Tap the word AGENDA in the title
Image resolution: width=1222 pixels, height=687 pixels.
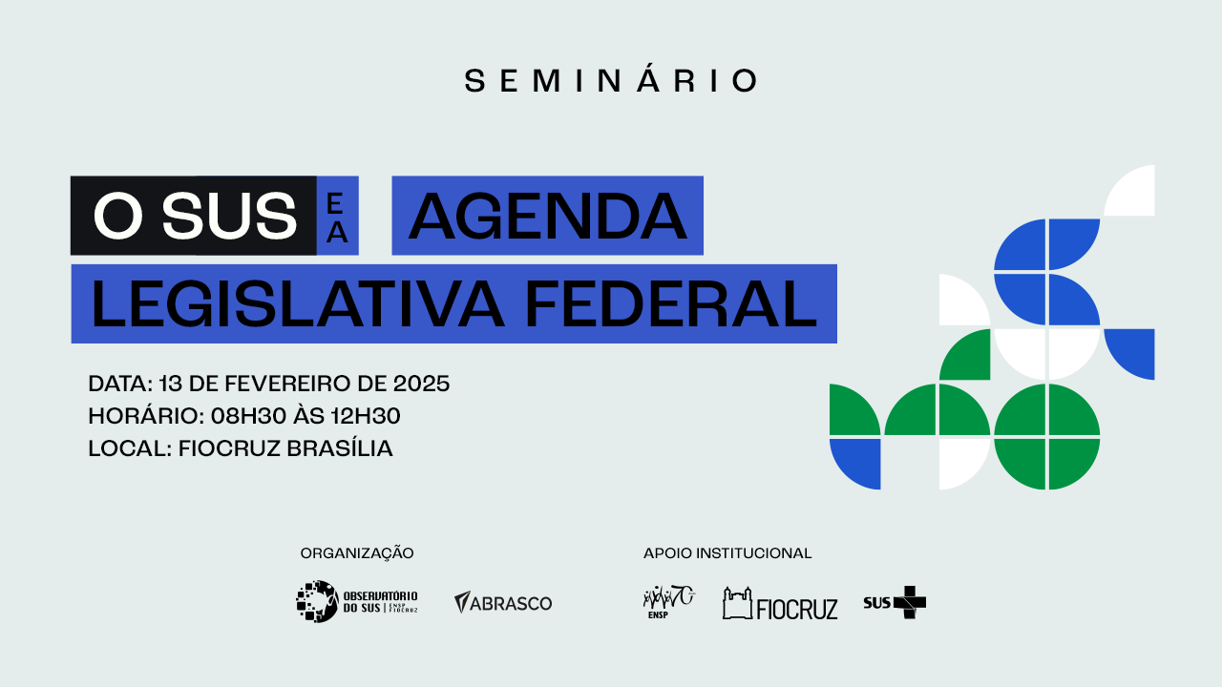(548, 217)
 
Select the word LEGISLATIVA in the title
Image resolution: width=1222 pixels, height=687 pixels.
(298, 304)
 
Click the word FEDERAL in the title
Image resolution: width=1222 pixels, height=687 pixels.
(671, 304)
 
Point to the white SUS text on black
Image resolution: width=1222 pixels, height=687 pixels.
(229, 217)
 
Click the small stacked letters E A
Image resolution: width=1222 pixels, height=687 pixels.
(337, 219)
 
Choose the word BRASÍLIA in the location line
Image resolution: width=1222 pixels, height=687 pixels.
(340, 448)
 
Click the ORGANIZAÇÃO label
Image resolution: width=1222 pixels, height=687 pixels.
(357, 552)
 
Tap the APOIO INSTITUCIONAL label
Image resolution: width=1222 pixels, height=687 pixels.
(727, 552)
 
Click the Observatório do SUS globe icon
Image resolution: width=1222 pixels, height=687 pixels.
(317, 601)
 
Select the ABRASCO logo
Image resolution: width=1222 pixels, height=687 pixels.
(503, 602)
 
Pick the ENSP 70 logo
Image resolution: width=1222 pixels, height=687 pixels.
(669, 602)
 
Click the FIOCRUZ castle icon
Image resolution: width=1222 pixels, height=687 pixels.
(738, 604)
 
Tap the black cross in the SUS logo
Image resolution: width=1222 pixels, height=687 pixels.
(910, 602)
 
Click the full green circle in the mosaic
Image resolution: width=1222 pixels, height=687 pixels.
(1047, 437)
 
